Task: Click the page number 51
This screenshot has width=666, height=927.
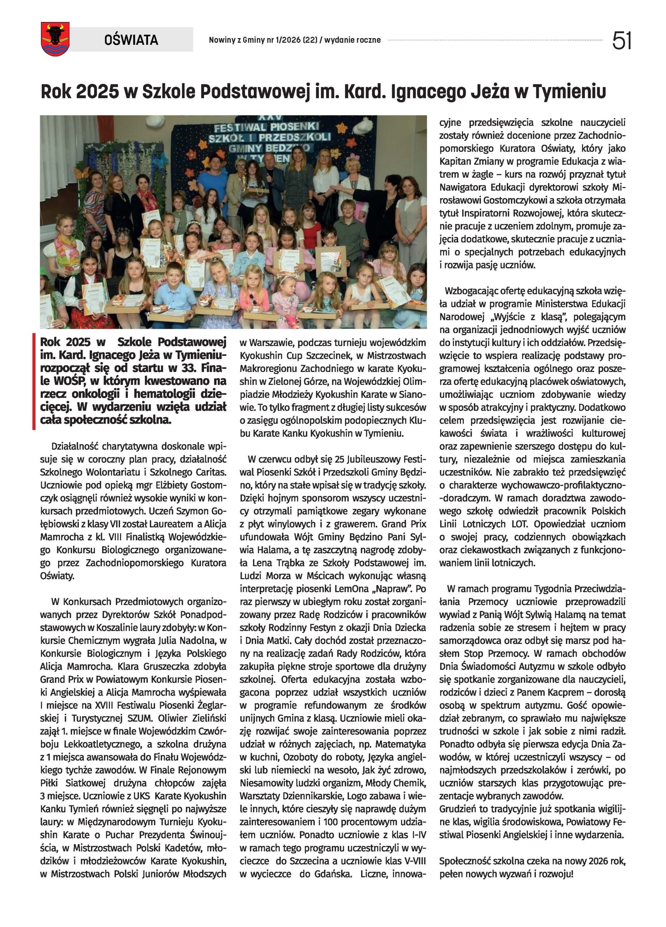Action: pyautogui.click(x=621, y=41)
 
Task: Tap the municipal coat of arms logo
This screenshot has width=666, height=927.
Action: pyautogui.click(x=55, y=39)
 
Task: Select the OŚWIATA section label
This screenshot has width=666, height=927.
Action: pyautogui.click(x=131, y=39)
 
